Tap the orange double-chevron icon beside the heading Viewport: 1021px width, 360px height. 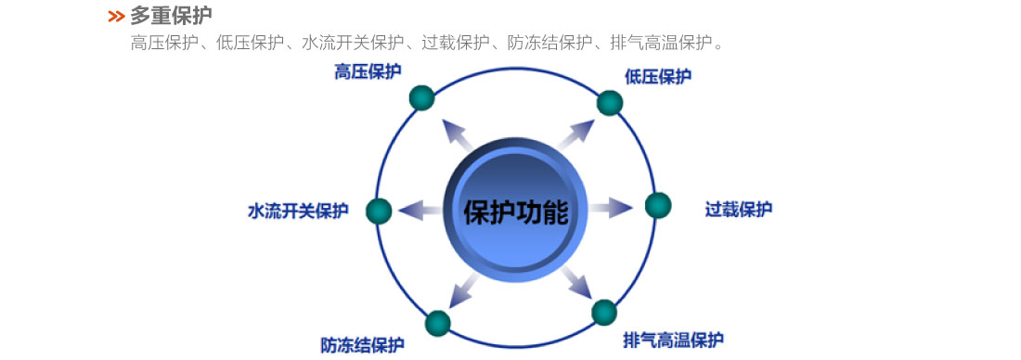(x=116, y=16)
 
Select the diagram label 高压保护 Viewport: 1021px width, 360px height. (x=368, y=72)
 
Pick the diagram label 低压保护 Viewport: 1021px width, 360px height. (x=658, y=76)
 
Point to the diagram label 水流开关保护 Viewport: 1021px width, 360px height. (x=298, y=211)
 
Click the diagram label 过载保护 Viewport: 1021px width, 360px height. (x=738, y=209)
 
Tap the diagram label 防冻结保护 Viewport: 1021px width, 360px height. (x=363, y=345)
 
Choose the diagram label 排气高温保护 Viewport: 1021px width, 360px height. (x=673, y=339)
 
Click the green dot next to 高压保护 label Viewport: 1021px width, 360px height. (x=421, y=97)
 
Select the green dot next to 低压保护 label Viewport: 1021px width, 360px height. (x=609, y=102)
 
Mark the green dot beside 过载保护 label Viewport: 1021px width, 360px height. (x=657, y=205)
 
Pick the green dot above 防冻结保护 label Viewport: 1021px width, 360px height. (x=437, y=323)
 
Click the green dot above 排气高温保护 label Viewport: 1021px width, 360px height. (x=604, y=312)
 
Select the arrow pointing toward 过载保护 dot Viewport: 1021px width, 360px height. (x=610, y=208)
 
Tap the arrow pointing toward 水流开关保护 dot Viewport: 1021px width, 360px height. (x=420, y=210)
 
